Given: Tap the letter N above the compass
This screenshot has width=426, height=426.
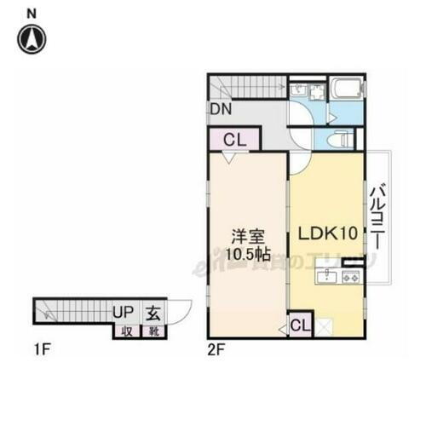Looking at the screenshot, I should tap(32, 12).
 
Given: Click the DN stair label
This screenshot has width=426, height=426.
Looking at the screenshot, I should tap(220, 110).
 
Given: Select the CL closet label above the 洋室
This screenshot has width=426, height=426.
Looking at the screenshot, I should tap(234, 141).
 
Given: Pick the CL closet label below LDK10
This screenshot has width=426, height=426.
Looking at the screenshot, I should tap(299, 325).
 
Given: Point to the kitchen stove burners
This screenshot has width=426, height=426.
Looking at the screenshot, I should tap(350, 277).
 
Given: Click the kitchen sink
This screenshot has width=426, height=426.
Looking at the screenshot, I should tap(326, 276).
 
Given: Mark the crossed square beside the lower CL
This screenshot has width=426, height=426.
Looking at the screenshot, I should tap(323, 325).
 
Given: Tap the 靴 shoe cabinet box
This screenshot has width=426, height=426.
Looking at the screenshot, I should tap(155, 331).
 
